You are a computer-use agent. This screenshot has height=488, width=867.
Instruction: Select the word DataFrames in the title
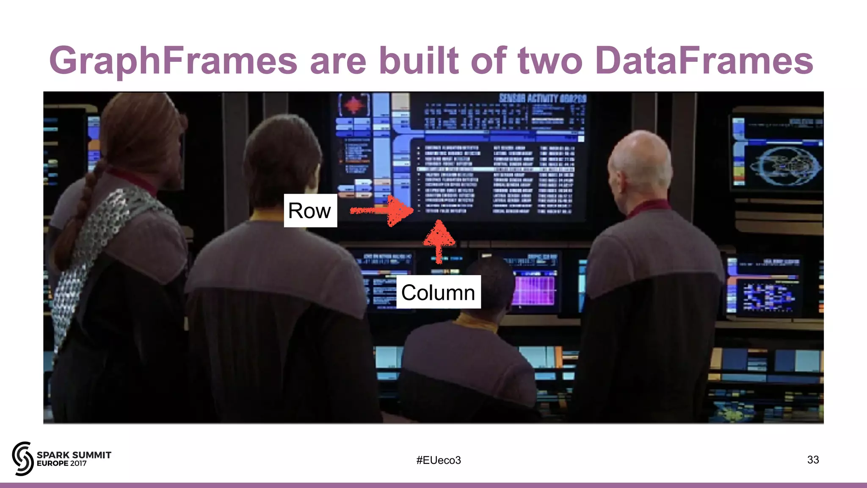704,61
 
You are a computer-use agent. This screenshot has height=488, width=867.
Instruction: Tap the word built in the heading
418,61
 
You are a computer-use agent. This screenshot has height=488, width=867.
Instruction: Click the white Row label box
310,211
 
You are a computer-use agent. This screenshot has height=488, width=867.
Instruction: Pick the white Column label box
438,292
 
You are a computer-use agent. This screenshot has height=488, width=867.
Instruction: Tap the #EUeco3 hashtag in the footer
439,460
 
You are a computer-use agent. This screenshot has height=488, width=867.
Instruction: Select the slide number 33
813,460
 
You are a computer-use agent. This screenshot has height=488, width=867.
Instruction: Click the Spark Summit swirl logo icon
23,458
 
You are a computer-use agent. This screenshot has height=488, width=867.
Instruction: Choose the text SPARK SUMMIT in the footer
74,455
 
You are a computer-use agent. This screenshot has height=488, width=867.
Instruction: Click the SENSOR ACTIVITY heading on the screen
542,99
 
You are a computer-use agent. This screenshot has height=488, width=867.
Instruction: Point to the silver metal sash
93,254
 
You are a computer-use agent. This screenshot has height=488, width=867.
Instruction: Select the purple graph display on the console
534,290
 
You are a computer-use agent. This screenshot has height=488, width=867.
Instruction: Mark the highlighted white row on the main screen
495,169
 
